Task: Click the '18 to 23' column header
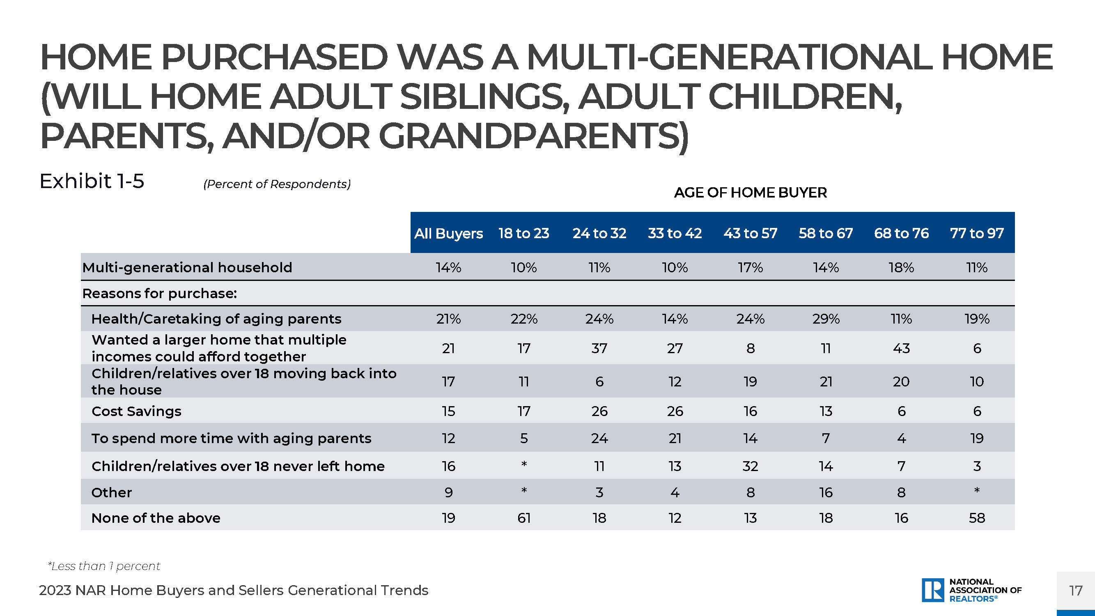click(524, 233)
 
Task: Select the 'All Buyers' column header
click(448, 233)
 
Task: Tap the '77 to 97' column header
click(977, 233)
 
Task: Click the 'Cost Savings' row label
click(136, 411)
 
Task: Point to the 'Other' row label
click(112, 492)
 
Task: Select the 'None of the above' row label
click(156, 518)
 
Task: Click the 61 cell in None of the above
click(524, 518)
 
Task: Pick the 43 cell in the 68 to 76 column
click(901, 348)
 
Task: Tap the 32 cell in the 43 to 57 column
click(750, 466)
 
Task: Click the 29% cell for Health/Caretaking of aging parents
click(826, 318)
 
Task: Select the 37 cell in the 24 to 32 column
click(599, 348)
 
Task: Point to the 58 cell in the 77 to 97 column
click(977, 518)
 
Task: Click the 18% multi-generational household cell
click(901, 267)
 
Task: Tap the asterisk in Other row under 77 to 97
click(977, 491)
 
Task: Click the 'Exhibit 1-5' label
click(92, 181)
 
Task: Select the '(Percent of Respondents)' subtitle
click(277, 184)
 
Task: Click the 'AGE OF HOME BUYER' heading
click(750, 193)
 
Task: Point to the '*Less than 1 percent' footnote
click(104, 566)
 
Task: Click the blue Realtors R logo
click(933, 590)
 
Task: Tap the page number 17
click(1076, 591)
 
